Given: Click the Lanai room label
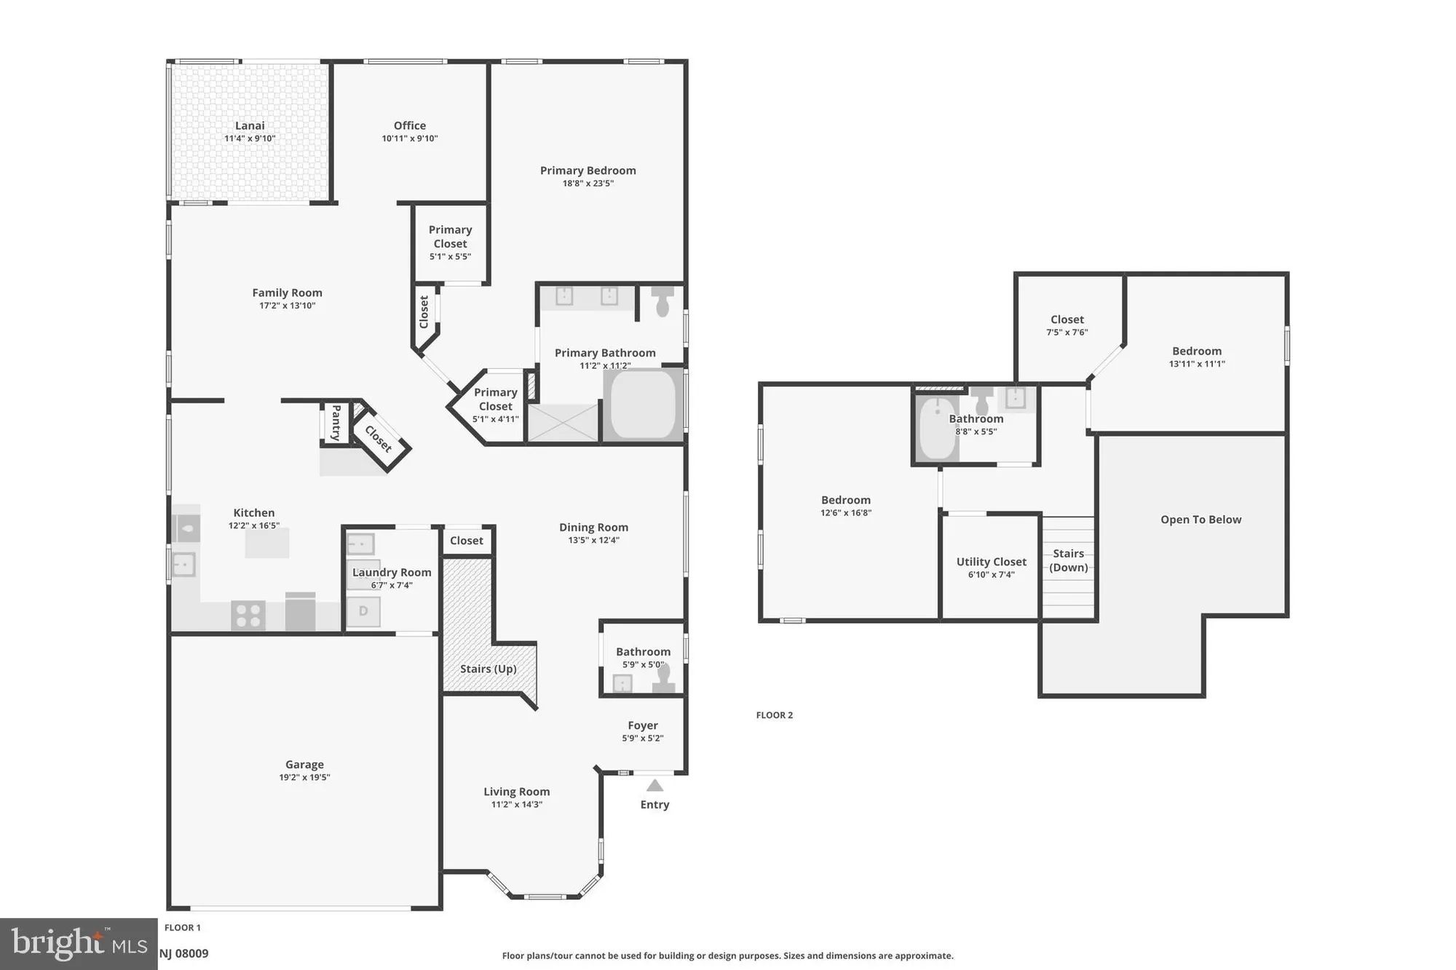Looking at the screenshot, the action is pyautogui.click(x=250, y=126).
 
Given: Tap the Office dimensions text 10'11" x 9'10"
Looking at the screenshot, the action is pyautogui.click(x=410, y=138).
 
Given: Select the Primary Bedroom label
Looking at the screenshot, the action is pyautogui.click(x=588, y=170).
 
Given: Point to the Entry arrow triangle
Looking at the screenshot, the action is pyautogui.click(x=655, y=785).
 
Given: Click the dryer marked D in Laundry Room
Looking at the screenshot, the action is pyautogui.click(x=363, y=611).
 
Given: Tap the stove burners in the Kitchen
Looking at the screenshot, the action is pyautogui.click(x=248, y=615).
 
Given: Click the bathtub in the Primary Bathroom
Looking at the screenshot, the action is pyautogui.click(x=643, y=405).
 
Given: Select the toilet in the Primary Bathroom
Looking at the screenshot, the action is pyautogui.click(x=662, y=301).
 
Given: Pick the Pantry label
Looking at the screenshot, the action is pyautogui.click(x=336, y=423).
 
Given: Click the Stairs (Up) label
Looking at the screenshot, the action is pyautogui.click(x=488, y=669).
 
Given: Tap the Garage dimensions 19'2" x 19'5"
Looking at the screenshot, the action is pyautogui.click(x=304, y=777).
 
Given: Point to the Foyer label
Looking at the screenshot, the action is pyautogui.click(x=643, y=725).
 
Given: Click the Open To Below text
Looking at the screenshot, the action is pyautogui.click(x=1201, y=520).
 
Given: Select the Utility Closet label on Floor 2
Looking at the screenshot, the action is pyautogui.click(x=992, y=562).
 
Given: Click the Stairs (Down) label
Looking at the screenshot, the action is pyautogui.click(x=1069, y=560).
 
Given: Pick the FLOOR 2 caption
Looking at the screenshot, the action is pyautogui.click(x=775, y=715).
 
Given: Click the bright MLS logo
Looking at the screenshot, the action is pyautogui.click(x=79, y=944).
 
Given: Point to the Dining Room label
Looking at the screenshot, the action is pyautogui.click(x=594, y=528).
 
